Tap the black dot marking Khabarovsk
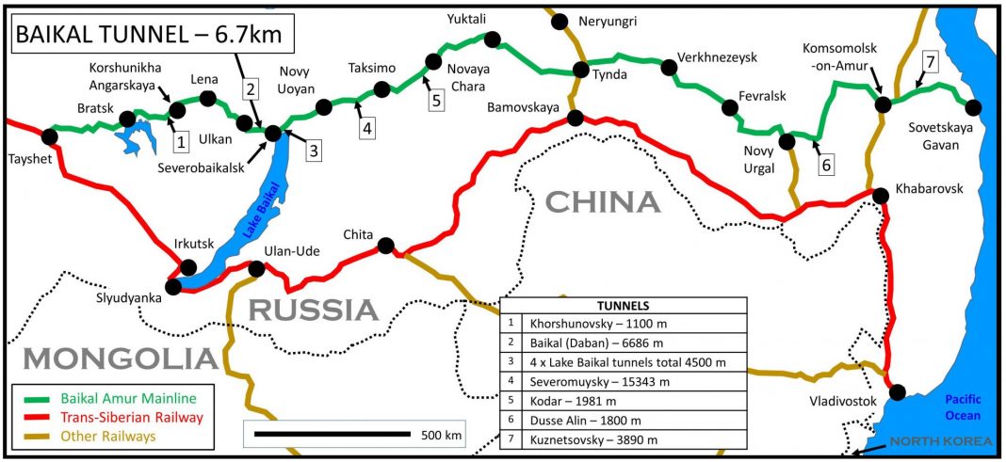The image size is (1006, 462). [880, 196]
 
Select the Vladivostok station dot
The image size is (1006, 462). [898, 391]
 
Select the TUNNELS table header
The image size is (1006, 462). [623, 305]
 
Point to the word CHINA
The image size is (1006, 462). [603, 201]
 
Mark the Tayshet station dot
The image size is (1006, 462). [49, 136]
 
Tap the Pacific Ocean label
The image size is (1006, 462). [964, 406]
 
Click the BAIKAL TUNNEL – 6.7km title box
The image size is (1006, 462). [152, 39]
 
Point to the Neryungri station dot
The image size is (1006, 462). [560, 21]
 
